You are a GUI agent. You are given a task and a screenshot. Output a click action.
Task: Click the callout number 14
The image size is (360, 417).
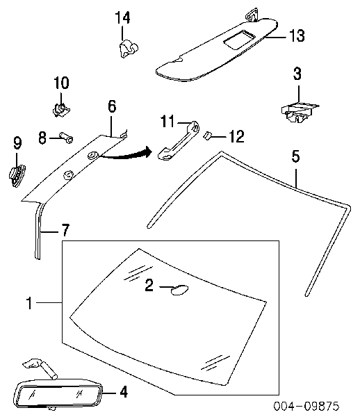click(x=122, y=18)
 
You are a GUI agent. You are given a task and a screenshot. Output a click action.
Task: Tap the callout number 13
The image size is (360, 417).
click(x=297, y=35)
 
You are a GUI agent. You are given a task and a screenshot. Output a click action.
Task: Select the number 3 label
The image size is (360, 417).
click(x=297, y=74)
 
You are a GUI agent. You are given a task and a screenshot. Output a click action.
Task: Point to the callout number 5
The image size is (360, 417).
click(x=295, y=156)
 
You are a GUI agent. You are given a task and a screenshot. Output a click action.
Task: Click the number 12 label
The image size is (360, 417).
click(x=236, y=136)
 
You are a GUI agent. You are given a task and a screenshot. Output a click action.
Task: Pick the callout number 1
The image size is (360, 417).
click(x=29, y=303)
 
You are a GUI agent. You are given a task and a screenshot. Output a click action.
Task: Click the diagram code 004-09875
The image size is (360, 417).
click(x=306, y=406)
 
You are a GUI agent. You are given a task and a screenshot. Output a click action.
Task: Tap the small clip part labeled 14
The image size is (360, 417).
click(x=128, y=48)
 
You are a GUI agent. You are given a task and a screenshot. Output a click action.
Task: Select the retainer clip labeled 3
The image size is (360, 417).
click(x=300, y=113)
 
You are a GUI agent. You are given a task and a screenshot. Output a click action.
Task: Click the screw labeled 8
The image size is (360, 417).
click(x=67, y=137)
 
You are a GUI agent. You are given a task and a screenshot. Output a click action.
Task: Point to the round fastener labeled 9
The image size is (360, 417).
click(x=17, y=176)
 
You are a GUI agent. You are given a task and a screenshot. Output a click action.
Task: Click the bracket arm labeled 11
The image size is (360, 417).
click(x=179, y=140)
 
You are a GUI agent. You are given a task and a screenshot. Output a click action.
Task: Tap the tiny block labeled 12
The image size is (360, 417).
click(x=207, y=136)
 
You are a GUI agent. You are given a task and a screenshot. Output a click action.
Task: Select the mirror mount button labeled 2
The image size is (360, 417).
click(x=179, y=290)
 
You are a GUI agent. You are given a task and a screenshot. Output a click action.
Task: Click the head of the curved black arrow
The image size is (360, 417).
click(x=148, y=152)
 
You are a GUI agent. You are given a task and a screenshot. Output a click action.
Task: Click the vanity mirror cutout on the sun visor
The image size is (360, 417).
click(x=239, y=40)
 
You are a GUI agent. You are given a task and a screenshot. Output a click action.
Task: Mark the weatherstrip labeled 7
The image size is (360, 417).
click(x=38, y=230)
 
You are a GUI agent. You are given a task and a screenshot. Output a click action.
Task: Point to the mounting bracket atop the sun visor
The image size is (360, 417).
click(x=252, y=15)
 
